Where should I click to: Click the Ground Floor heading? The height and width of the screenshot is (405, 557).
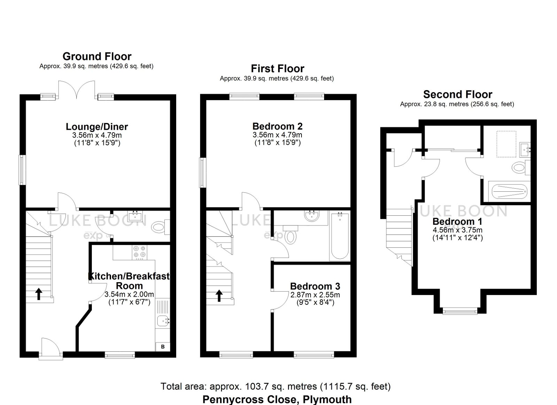tap(97, 56)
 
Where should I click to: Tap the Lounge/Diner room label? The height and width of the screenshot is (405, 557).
tap(97, 127)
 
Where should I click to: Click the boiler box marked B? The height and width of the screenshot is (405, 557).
tap(163, 347)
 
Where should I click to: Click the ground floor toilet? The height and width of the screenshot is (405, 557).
tap(158, 228)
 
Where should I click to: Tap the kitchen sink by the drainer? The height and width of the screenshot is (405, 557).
tap(162, 321)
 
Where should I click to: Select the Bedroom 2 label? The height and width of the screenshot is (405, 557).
tap(277, 126)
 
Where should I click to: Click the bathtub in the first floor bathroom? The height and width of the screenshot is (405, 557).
tap(340, 237)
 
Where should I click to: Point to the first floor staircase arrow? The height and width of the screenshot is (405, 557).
tap(219, 296)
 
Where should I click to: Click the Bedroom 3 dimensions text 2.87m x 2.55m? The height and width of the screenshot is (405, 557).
tap(315, 295)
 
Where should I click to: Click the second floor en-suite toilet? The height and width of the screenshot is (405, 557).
tap(519, 168)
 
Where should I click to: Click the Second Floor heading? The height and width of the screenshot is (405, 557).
tap(457, 94)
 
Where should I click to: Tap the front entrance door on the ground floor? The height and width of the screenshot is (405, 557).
tap(49, 348)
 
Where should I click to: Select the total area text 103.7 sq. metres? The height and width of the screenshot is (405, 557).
tap(275, 386)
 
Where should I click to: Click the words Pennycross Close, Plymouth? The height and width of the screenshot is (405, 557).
tap(277, 399)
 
